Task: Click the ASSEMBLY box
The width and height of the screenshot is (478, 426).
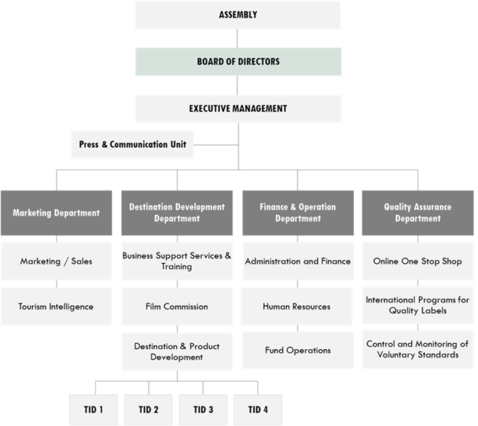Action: pos(238,15)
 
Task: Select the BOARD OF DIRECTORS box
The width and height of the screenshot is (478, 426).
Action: pos(238,62)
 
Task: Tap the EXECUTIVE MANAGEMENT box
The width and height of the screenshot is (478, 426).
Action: pos(238,108)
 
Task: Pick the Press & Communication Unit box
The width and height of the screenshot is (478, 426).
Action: pos(132,144)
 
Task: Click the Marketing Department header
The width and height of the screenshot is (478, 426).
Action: pos(56,212)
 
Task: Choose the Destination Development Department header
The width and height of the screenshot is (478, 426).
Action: pos(177,212)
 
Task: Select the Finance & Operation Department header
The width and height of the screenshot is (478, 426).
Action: pos(298,212)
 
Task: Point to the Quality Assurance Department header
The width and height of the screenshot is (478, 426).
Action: pos(418,212)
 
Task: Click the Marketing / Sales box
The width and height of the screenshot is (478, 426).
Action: pos(56,261)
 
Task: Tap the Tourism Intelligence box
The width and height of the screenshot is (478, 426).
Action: pos(56,306)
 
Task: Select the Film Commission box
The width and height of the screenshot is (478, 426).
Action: pos(177,306)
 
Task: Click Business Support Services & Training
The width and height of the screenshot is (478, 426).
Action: pos(177,261)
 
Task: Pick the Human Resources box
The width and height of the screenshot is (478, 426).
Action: pos(297,306)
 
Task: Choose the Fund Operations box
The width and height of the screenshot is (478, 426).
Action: pos(297,350)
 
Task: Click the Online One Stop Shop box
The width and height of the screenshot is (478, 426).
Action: pos(418,261)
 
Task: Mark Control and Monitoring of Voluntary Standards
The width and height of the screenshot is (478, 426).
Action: pos(418,349)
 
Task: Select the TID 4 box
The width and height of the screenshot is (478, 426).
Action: pos(258,409)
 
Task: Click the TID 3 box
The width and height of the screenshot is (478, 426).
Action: pos(204,409)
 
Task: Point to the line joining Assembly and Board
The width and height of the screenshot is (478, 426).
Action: pos(238,38)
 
